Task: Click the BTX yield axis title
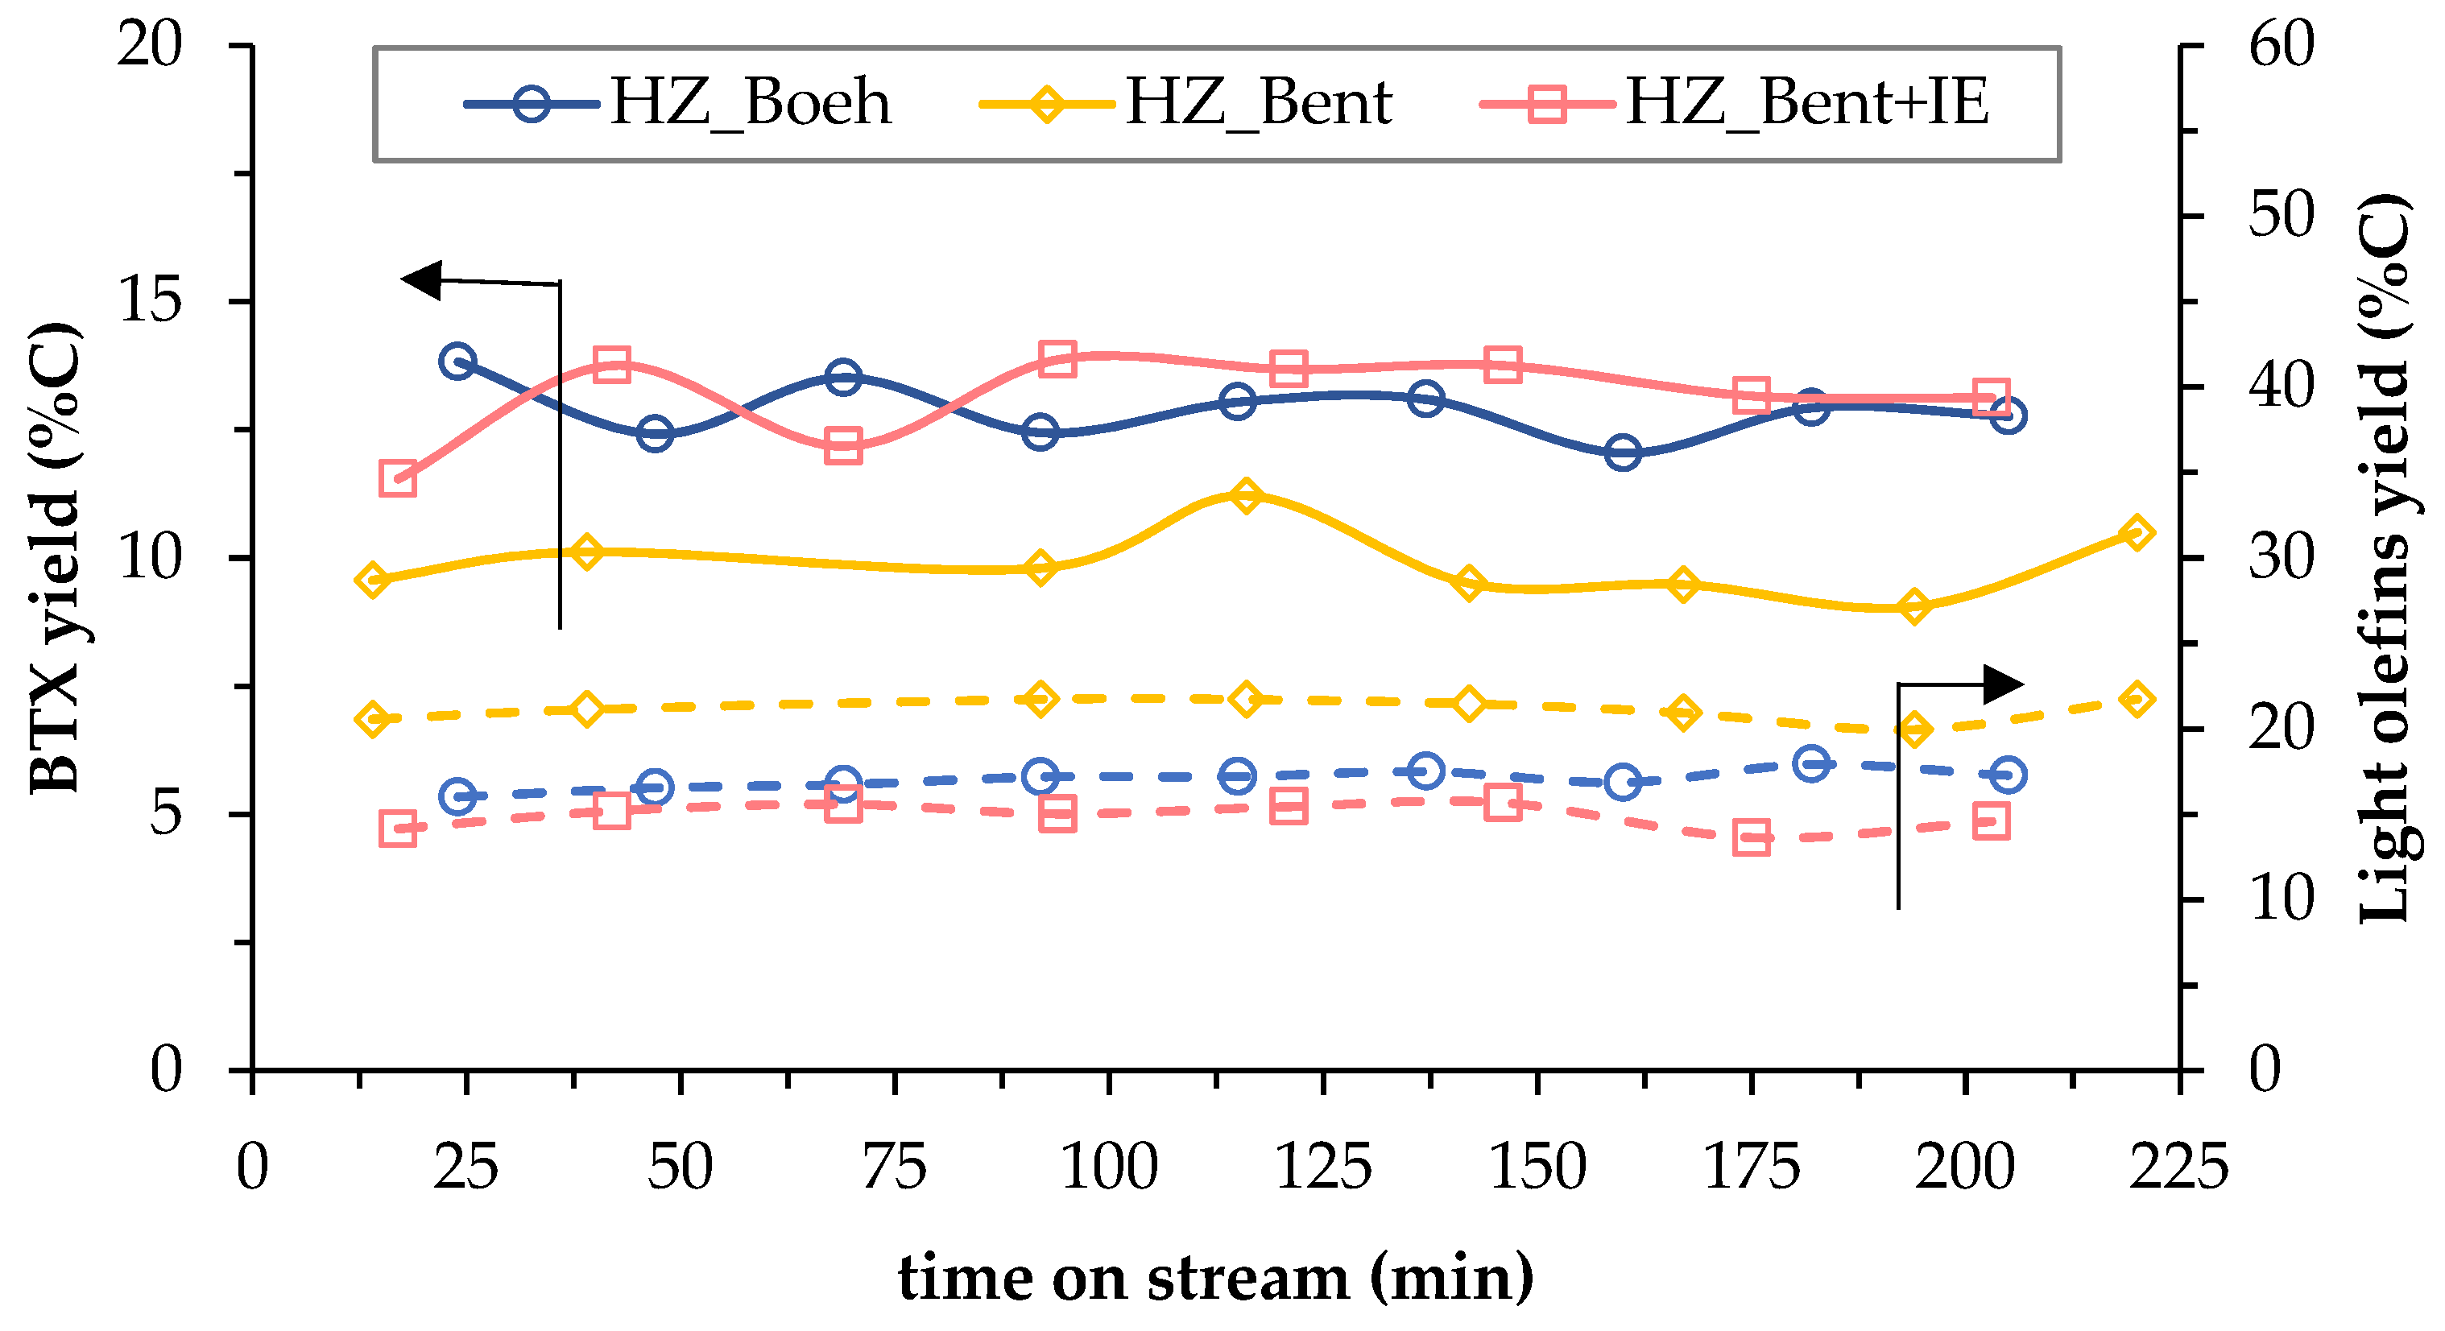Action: (55, 558)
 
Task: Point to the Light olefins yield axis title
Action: (2385, 558)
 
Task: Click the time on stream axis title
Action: (1216, 1277)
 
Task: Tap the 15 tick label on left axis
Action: (149, 302)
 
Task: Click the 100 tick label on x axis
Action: (1109, 1166)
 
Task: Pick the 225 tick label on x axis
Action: (2178, 1166)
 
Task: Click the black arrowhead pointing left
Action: (422, 280)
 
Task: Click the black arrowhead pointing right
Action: (2004, 684)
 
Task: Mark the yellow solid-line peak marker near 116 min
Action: (1246, 495)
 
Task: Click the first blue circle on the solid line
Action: (457, 362)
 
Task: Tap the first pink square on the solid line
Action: (398, 479)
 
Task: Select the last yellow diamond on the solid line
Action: (2137, 533)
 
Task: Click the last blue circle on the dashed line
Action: (2009, 775)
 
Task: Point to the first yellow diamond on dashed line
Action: (372, 719)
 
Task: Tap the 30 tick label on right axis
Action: (2281, 558)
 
